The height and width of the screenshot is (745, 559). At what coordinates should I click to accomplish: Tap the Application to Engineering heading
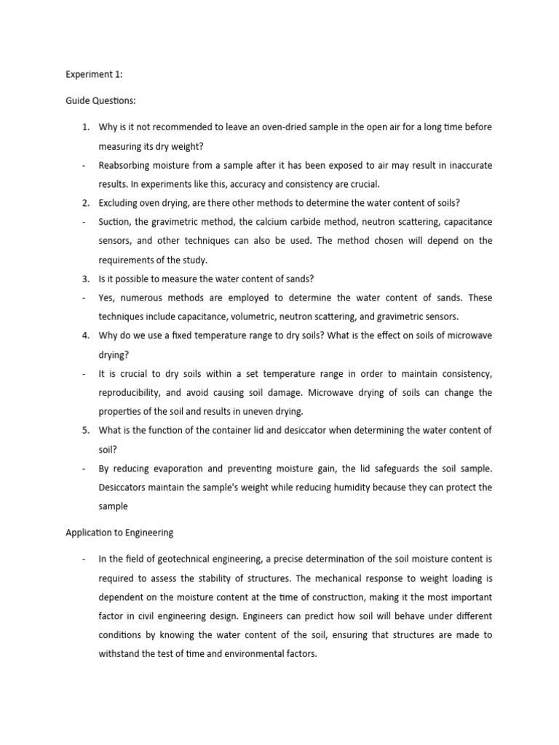tap(119, 532)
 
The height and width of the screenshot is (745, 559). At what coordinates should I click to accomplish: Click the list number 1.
tap(85, 127)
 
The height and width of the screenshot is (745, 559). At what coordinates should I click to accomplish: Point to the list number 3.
tap(85, 279)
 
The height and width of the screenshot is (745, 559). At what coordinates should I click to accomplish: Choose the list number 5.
tap(85, 430)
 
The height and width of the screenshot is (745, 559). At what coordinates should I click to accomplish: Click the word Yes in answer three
tap(107, 298)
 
